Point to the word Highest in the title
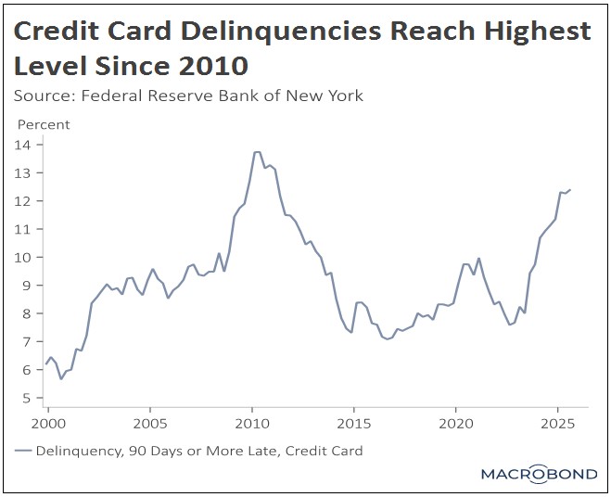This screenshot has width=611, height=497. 531,32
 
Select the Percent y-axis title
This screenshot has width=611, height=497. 45,124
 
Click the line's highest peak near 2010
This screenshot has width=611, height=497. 257,152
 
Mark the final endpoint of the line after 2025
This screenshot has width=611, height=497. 570,189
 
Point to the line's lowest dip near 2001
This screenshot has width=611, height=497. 61,378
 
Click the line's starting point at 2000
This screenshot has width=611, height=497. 46,363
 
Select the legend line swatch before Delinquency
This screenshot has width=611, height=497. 23,452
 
